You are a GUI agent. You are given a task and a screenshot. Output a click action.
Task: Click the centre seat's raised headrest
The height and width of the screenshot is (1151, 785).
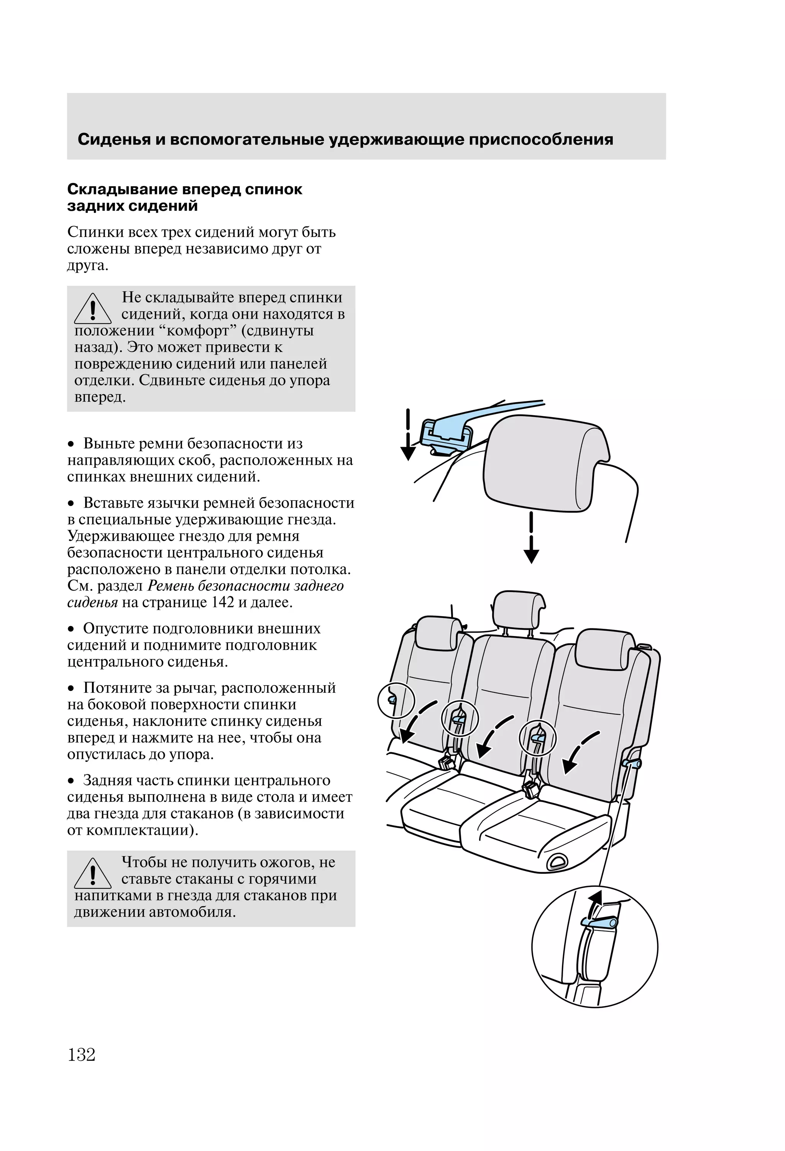click(x=519, y=609)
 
